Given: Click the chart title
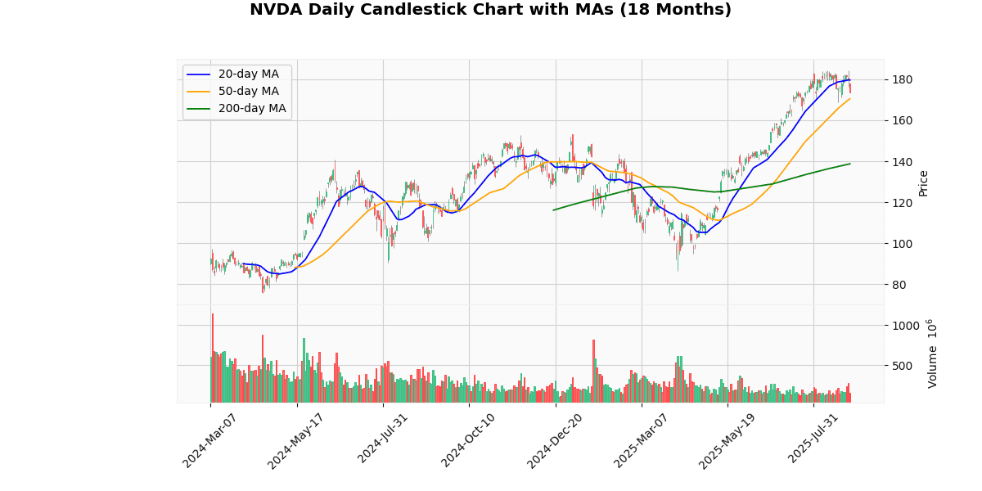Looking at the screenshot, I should (x=490, y=10).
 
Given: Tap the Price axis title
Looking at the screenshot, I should (x=924, y=182).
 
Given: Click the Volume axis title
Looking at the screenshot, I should (x=933, y=354).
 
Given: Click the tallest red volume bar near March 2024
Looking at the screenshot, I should (x=213, y=358).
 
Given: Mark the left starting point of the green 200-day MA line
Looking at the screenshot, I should (x=553, y=210).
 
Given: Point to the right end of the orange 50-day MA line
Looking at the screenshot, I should (x=850, y=99).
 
